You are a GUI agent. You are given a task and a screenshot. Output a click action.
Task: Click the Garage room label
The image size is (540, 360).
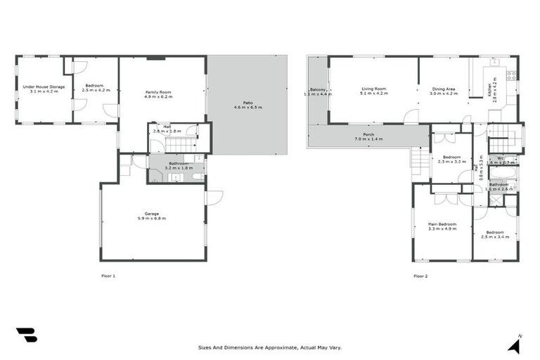tap(153, 214)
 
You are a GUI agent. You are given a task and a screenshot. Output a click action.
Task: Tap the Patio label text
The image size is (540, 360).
tap(247, 103)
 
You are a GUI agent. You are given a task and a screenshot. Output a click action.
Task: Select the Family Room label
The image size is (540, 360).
tap(158, 92)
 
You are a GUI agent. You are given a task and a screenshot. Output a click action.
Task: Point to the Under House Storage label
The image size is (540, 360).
tap(44, 86)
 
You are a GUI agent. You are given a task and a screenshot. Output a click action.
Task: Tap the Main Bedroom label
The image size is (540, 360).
tap(442, 224)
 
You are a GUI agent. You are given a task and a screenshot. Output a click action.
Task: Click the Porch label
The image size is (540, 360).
tap(368, 134)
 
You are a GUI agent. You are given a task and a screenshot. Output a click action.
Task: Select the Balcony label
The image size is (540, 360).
tap(316, 89)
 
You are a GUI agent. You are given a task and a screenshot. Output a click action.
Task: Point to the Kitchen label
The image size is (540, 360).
tap(489, 89)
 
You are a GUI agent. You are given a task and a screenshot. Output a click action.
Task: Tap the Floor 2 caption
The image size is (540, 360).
tap(420, 276)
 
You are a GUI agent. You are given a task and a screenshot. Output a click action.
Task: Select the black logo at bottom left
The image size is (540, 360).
tap(27, 335)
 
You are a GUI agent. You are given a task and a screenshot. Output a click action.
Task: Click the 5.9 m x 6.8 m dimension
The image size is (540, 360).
tap(153, 218)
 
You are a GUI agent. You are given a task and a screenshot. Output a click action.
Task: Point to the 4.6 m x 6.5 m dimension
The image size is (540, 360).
tap(247, 108)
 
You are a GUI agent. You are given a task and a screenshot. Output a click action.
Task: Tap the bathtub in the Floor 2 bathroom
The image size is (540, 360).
tap(503, 173)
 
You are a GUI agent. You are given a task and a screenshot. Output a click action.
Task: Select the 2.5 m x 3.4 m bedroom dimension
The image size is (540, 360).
tap(495, 237)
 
